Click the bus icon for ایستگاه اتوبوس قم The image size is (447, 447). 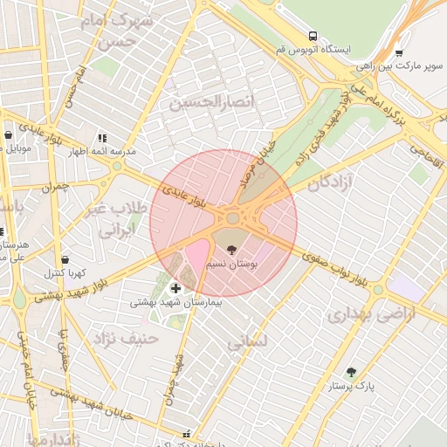[x=313, y=37]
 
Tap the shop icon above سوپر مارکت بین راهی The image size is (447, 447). [x=399, y=53]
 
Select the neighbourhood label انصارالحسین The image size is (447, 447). [x=213, y=103]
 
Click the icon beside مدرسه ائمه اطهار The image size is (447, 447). [x=102, y=138]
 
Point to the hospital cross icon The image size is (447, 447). [x=175, y=287]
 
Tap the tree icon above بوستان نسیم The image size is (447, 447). [x=230, y=249]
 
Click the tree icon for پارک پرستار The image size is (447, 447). [x=351, y=372]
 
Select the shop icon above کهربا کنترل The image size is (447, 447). [x=65, y=259]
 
